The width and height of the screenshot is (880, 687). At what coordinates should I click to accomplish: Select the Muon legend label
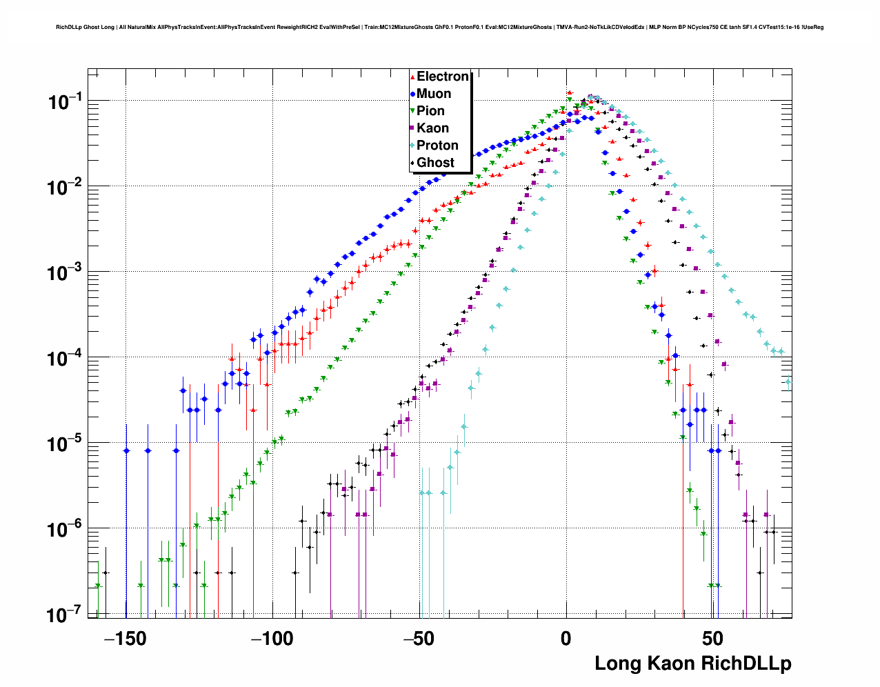click(433, 94)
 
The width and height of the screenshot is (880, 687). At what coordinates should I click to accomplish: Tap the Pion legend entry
click(430, 111)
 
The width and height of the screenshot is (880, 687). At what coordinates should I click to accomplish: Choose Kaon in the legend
click(432, 128)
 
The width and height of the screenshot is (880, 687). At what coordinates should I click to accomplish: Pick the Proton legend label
click(437, 146)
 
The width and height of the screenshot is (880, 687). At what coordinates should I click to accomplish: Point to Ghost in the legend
click(435, 163)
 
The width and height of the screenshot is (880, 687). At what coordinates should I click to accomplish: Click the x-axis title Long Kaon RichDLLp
click(692, 664)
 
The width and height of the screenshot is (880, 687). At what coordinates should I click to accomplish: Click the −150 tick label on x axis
click(126, 639)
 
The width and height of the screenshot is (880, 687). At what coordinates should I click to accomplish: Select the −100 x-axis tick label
click(272, 639)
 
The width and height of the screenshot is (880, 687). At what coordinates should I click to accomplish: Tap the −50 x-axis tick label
click(419, 639)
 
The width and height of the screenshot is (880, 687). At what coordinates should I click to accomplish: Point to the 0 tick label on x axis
click(566, 639)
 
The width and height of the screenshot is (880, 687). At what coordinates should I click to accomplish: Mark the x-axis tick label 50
click(713, 639)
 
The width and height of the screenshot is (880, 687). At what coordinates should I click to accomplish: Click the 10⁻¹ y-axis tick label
click(66, 103)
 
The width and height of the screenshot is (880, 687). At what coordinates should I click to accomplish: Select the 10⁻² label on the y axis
click(66, 188)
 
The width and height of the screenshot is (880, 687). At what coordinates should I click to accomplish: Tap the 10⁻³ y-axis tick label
click(66, 273)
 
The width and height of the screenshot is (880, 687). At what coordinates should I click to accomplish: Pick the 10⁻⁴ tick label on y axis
click(66, 359)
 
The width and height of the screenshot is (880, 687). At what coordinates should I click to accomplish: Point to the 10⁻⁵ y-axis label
click(66, 444)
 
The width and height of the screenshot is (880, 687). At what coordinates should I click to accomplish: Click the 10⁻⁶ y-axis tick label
click(66, 530)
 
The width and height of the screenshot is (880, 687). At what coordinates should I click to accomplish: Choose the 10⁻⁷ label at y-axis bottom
click(66, 615)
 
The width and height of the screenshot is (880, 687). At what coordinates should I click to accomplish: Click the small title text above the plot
click(439, 28)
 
